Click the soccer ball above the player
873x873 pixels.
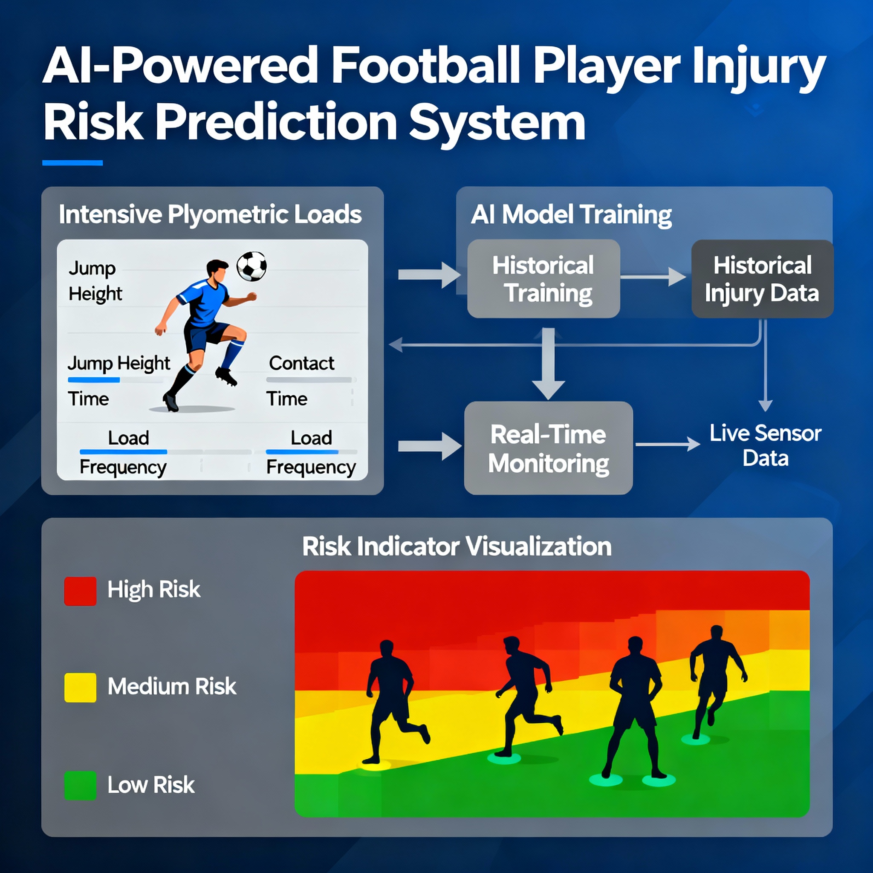coord(251,266)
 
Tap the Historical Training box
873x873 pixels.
coord(543,278)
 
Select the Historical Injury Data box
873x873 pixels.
coord(762,279)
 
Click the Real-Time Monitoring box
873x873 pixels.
coord(548,448)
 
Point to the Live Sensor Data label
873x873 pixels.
coord(766,445)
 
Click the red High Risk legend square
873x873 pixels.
coord(81,591)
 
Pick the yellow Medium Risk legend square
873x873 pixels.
coord(81,687)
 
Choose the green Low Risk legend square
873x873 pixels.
coord(81,786)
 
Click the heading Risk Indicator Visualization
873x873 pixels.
coord(457,547)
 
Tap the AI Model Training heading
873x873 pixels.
coord(571,215)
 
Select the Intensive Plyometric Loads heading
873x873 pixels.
coord(210,215)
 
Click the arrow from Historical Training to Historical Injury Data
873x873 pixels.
coord(653,277)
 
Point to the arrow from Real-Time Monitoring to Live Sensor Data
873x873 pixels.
coord(668,444)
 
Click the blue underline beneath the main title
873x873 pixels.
coord(72,163)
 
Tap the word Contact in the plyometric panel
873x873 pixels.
coord(301,363)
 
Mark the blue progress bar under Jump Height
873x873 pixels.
coord(93,380)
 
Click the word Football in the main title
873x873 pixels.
coord(426,66)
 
